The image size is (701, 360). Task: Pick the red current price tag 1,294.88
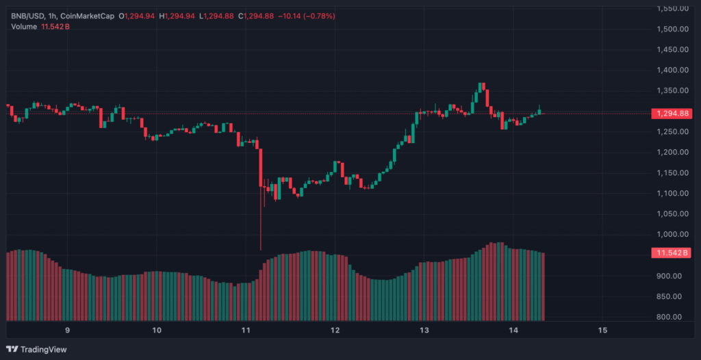[x=672, y=113]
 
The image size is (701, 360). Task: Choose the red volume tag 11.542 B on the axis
[x=672, y=253]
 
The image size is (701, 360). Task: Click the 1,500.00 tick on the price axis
[x=672, y=29]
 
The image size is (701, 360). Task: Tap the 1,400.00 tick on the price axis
[x=672, y=70]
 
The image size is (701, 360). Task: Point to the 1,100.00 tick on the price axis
[x=672, y=193]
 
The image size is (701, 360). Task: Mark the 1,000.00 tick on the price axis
[x=672, y=235]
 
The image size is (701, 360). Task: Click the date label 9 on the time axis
[x=67, y=331]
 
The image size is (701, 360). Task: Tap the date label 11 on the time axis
[x=246, y=331]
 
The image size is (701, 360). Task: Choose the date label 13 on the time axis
[x=424, y=331]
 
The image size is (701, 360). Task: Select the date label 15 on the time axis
[x=602, y=331]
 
